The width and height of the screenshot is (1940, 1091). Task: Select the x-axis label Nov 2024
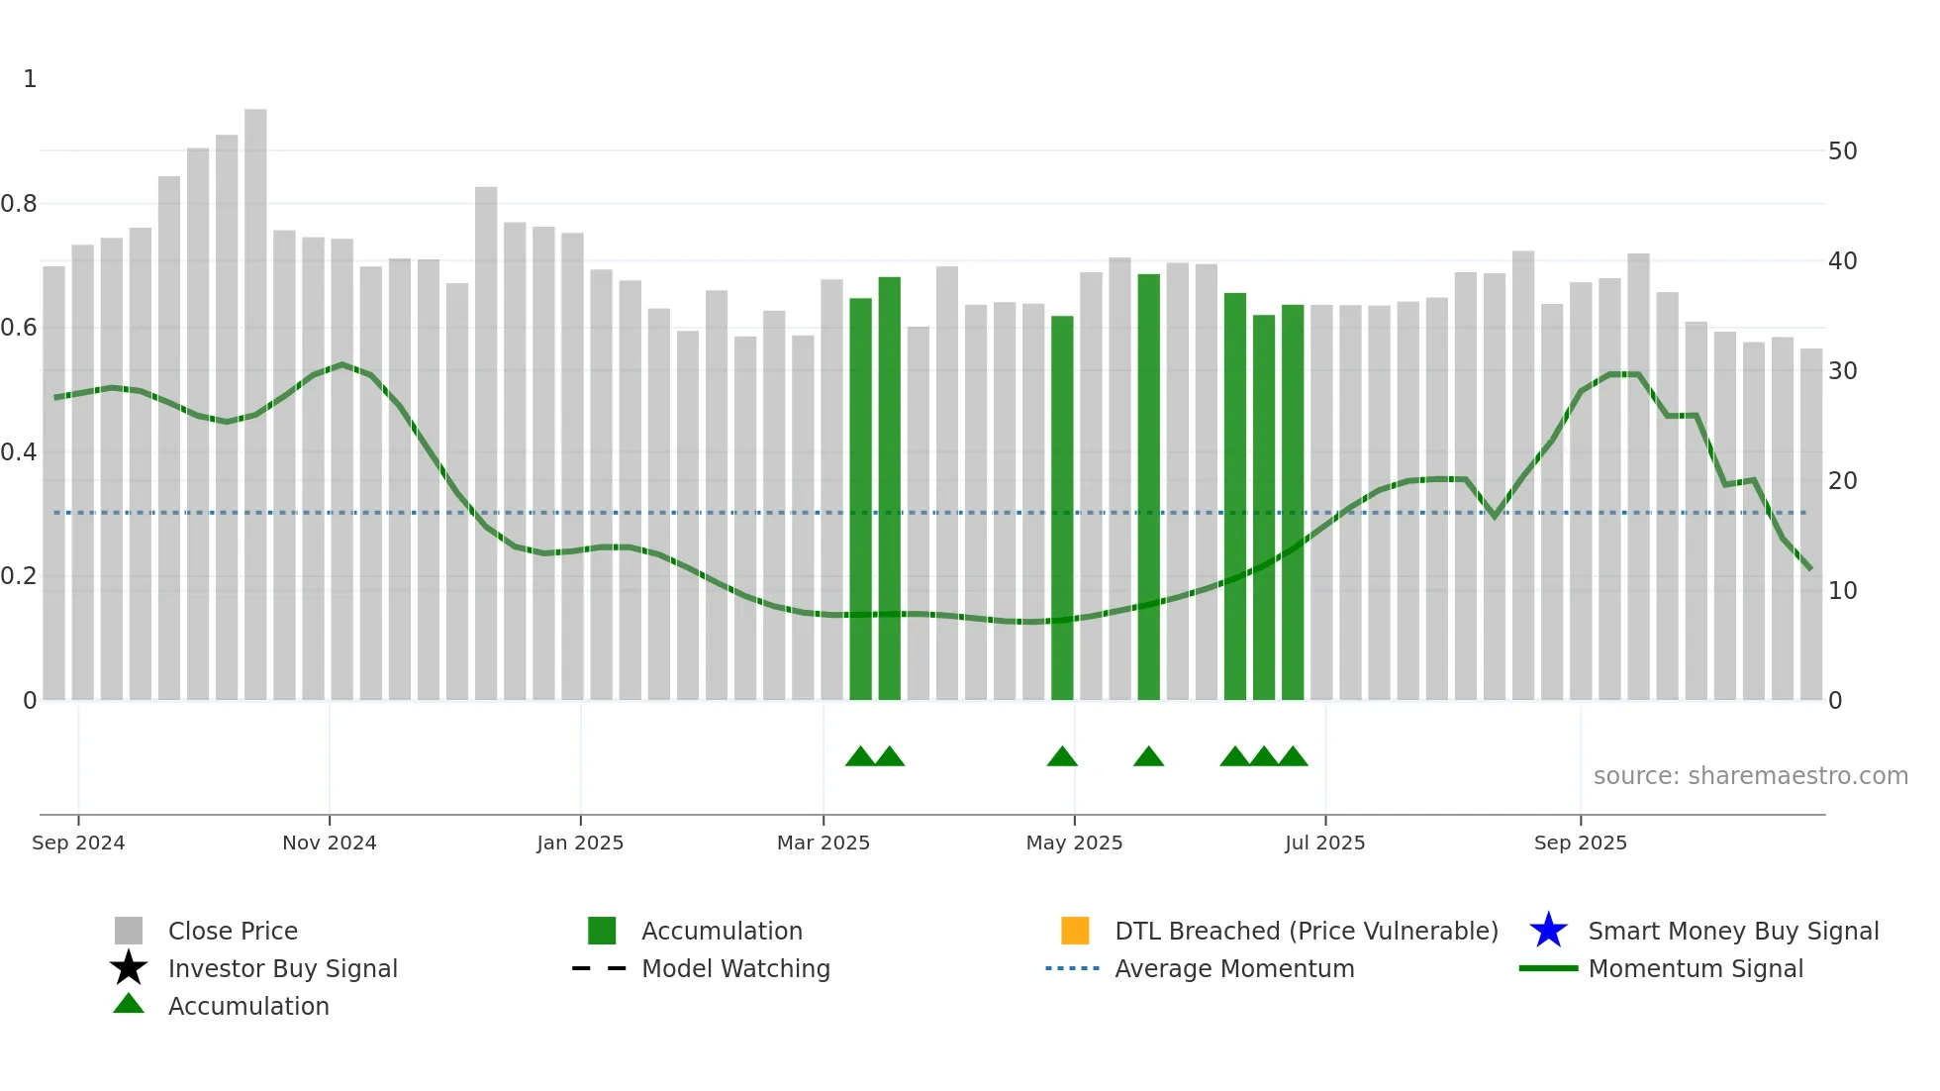[330, 843]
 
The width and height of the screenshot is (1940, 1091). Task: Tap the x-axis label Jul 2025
[1324, 843]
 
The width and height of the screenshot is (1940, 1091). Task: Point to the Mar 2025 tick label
[823, 843]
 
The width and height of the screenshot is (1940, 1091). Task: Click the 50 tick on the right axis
[1842, 151]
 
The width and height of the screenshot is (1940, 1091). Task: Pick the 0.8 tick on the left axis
[19, 204]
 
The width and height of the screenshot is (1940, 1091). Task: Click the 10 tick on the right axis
[1842, 591]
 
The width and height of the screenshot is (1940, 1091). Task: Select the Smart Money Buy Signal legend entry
[1732, 931]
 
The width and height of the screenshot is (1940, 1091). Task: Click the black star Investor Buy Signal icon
[129, 968]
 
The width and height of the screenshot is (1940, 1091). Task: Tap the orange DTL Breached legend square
[1075, 931]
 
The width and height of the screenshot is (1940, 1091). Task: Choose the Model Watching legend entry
[735, 968]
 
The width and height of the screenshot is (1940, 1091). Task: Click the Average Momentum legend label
[1234, 968]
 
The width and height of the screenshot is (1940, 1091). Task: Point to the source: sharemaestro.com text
[1750, 775]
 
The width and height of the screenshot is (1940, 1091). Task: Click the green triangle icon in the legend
[129, 1004]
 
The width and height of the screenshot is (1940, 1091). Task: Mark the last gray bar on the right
[1810, 525]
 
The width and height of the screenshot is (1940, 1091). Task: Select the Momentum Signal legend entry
[1696, 968]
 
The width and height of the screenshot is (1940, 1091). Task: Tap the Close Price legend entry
[233, 931]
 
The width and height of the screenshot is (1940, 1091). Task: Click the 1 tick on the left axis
[30, 79]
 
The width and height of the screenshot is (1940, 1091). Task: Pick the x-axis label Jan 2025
[580, 843]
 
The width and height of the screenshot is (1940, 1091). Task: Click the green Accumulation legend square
[602, 931]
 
